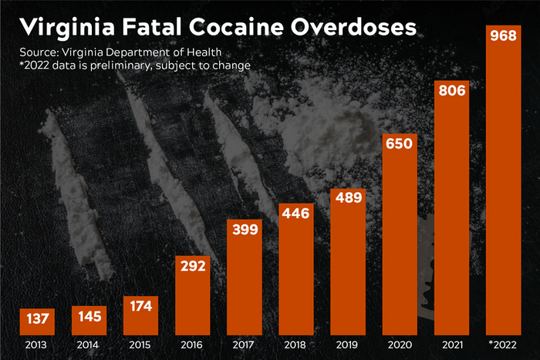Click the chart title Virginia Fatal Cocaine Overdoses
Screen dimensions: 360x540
pos(218,28)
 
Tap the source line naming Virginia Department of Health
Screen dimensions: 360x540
pos(127,52)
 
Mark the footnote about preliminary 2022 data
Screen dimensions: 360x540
pos(135,66)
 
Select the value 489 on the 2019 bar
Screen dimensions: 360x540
pos(348,198)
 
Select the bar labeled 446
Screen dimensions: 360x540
pos(295,278)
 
